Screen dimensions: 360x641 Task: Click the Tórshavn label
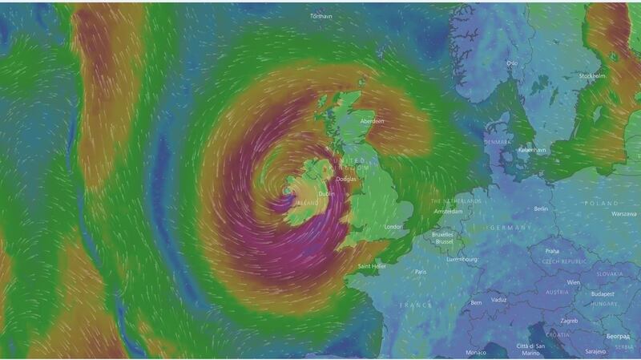pos(320,15)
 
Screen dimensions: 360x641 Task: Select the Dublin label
pos(326,194)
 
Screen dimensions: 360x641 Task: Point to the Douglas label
pos(347,180)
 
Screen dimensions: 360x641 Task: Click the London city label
pos(393,227)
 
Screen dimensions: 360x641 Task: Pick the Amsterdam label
pos(448,212)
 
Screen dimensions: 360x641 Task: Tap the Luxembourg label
pos(463,260)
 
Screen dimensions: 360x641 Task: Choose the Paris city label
pos(421,273)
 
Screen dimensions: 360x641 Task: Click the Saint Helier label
pos(373,266)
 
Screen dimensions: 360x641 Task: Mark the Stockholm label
pos(592,76)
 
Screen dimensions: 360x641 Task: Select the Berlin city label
pos(542,208)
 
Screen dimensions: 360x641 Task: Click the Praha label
pos(553,251)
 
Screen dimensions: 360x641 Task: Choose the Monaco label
pos(476,353)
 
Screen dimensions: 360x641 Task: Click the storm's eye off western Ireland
pos(288,192)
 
